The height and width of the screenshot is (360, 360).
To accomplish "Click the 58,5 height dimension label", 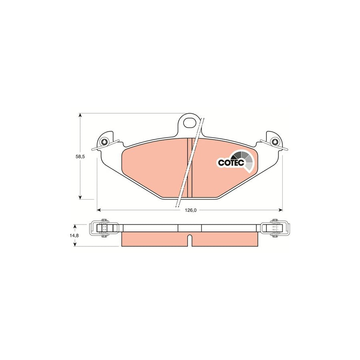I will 80,157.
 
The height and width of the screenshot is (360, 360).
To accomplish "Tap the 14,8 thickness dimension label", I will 74,236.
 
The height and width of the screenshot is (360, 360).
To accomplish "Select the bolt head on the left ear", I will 104,142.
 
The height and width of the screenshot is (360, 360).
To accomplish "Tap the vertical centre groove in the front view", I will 190,168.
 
